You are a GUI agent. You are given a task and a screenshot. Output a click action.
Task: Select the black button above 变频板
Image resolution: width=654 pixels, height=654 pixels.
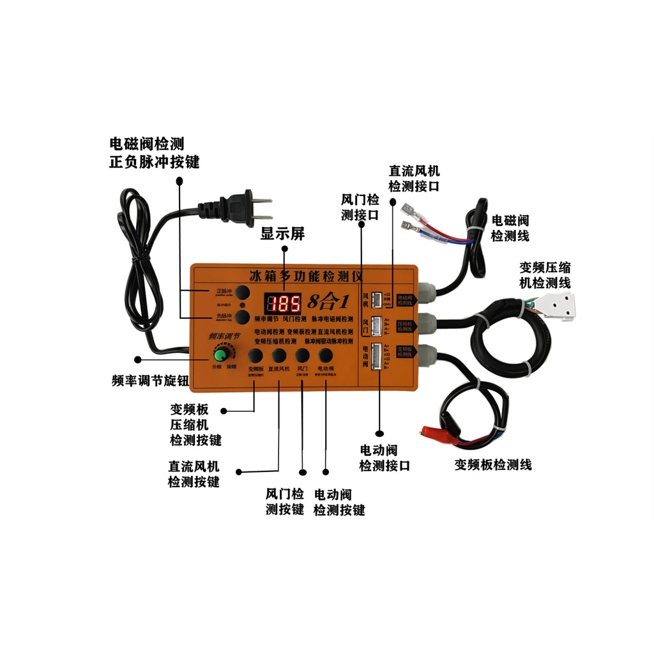pos(255,355)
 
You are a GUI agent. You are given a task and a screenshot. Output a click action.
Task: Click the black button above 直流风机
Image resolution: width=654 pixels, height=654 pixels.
pos(278,355)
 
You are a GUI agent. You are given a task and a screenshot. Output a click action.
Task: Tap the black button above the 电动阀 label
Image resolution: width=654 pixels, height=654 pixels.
pos(326,355)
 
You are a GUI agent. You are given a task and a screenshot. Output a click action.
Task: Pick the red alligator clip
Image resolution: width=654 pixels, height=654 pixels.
pos(436,434)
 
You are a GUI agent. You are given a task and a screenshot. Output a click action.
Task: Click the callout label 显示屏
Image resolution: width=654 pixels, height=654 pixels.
pos(282,234)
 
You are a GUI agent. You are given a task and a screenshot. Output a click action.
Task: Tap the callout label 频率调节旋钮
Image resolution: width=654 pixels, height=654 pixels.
pos(149,381)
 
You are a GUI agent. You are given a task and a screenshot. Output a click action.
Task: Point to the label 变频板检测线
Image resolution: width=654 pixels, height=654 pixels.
pos(493,464)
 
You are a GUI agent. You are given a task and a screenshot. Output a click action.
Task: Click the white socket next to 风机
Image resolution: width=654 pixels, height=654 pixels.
pos(377,298)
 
